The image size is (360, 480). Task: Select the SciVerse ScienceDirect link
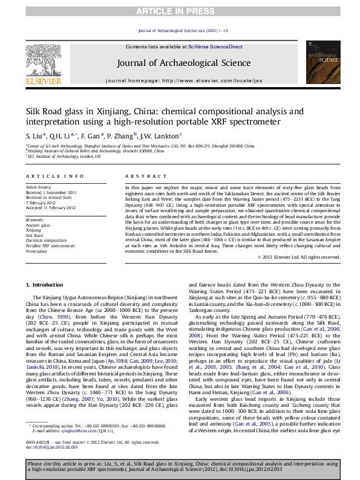point(215,47)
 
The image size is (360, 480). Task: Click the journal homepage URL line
point(183,80)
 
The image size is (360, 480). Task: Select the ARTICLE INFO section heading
point(54,176)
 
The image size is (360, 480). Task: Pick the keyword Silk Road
point(34,235)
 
